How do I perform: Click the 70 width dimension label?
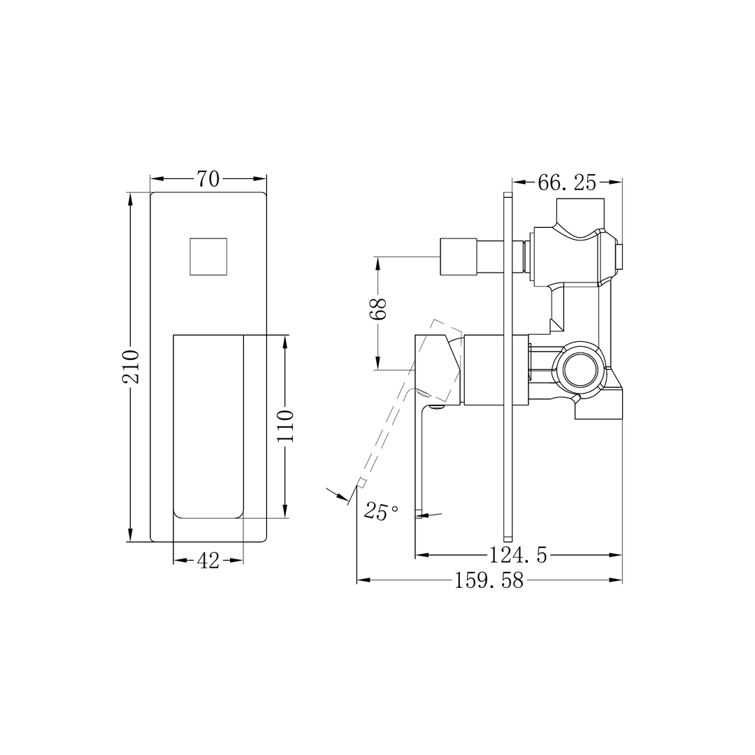coord(208,180)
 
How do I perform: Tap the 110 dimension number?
coord(286,425)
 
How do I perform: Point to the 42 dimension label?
coord(208,561)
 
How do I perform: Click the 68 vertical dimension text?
coord(378,308)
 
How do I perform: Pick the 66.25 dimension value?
coord(566,183)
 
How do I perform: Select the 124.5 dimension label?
coord(517,556)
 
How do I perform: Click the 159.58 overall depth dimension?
coord(489,581)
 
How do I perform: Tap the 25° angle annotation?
coord(381,512)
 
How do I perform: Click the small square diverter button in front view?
coord(208,257)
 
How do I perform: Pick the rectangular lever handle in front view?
coord(208,426)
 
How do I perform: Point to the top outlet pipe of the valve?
coord(580,211)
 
